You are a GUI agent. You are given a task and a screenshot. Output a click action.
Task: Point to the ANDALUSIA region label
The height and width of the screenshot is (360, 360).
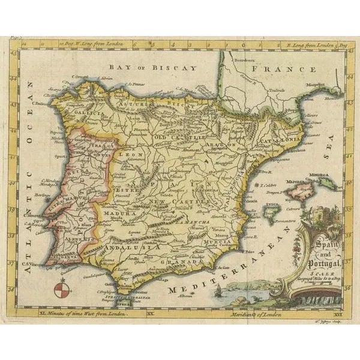pyautogui.click(x=123, y=247)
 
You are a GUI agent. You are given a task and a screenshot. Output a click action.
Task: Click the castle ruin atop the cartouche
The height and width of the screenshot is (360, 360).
pyautogui.click(x=318, y=214)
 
